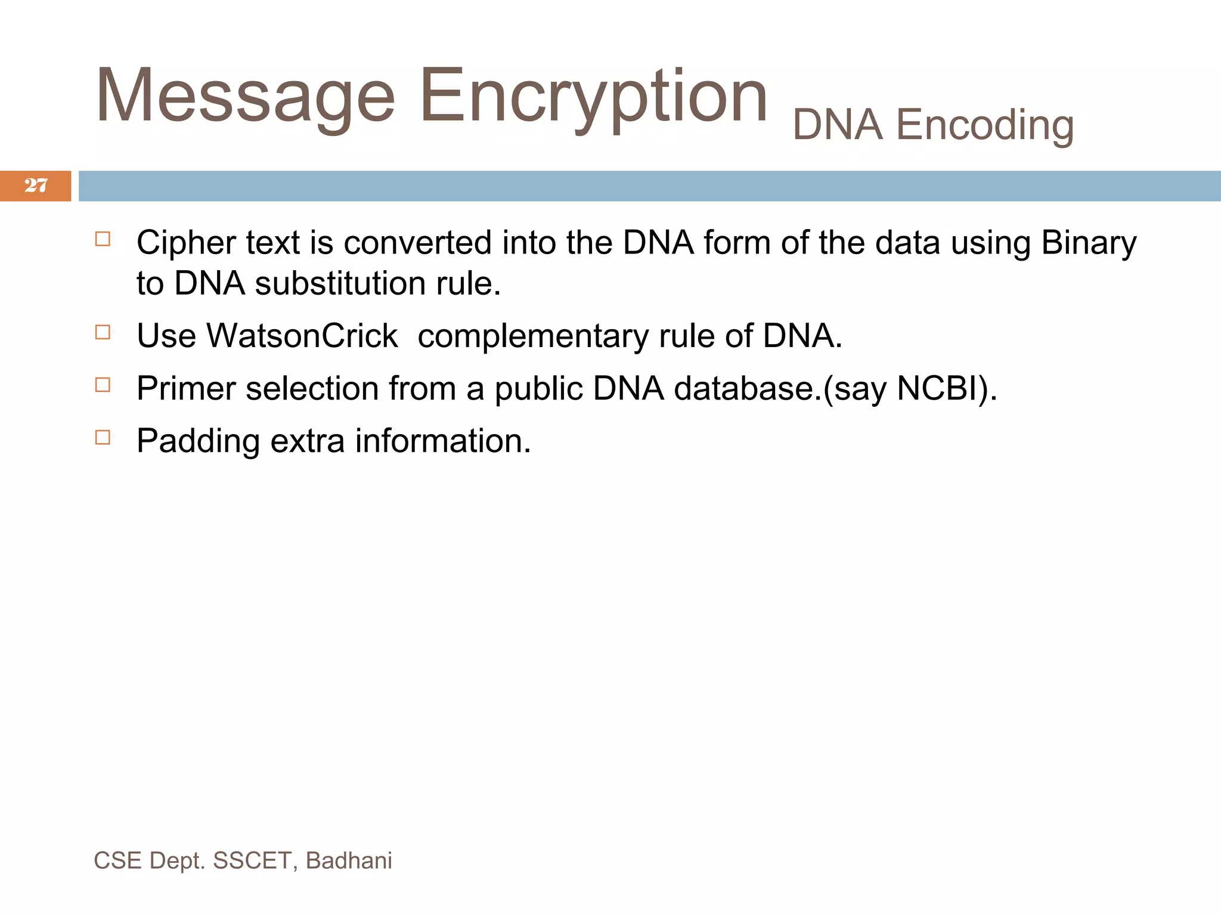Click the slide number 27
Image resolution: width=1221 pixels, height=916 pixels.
[36, 185]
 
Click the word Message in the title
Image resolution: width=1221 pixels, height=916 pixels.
[245, 97]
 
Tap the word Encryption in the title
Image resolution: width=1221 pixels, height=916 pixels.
[593, 97]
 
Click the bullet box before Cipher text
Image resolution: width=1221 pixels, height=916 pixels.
[103, 239]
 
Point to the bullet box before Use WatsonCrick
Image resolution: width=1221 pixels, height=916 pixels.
[103, 332]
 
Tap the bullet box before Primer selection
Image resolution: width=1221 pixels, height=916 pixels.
[103, 385]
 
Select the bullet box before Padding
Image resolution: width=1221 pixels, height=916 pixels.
[103, 437]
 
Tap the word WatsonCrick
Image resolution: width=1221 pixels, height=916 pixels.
[302, 336]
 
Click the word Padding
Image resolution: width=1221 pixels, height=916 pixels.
[198, 442]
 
